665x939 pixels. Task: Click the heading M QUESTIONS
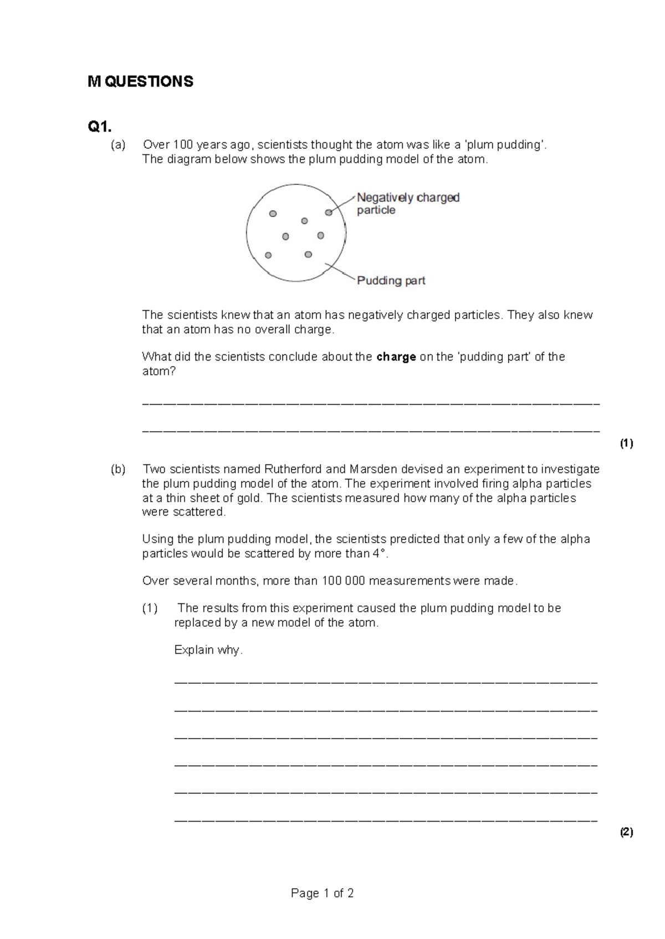(140, 82)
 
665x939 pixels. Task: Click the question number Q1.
(100, 127)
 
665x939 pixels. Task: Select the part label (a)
(118, 145)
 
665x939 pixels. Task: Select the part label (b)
(118, 469)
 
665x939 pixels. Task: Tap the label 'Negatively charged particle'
(408, 203)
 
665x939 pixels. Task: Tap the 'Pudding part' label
(391, 281)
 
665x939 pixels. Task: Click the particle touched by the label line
(328, 212)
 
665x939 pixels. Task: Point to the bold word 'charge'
(396, 357)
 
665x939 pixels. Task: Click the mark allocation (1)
(626, 443)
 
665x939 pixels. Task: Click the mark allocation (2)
(626, 832)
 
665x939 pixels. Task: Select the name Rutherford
(293, 469)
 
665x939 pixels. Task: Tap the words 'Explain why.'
(208, 650)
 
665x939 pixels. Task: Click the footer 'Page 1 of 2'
(322, 893)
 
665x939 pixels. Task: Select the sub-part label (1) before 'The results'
(150, 608)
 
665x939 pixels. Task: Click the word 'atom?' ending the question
(158, 372)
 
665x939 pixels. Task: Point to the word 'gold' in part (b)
(248, 498)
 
